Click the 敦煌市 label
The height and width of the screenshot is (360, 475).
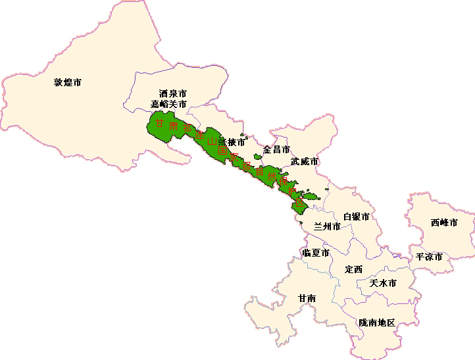[x=68, y=83]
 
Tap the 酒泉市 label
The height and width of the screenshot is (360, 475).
[x=173, y=94]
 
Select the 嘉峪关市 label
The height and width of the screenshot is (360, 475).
[x=168, y=104]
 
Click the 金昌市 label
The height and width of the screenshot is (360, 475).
[x=276, y=149]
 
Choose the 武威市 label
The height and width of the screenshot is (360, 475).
[x=305, y=161]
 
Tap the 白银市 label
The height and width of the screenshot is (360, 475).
[x=356, y=217]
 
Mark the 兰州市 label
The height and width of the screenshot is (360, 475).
[x=327, y=226]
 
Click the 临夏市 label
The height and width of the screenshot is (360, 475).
[x=315, y=253]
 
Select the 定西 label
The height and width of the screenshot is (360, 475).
[x=353, y=269]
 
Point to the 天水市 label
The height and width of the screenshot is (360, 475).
[x=383, y=283]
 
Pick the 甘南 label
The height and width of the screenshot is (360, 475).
[x=307, y=298]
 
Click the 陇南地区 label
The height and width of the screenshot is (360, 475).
[x=377, y=322]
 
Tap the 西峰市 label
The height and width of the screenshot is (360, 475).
[x=444, y=222]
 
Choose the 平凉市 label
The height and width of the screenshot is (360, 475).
[x=428, y=256]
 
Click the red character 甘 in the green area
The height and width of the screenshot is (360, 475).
[x=159, y=122]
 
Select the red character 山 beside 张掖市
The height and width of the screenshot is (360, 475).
[x=212, y=141]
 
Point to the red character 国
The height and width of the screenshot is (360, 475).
[x=223, y=151]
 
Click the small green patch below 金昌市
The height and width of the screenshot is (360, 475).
[x=257, y=157]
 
